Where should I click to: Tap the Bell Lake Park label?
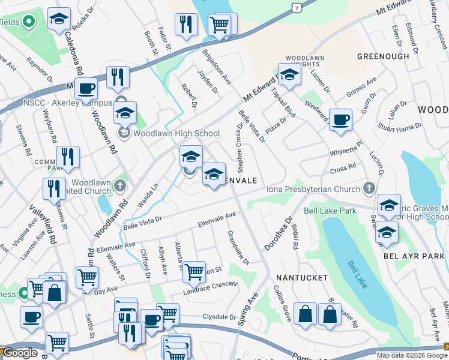[x=330, y=211]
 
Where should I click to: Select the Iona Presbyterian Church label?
[x=315, y=189]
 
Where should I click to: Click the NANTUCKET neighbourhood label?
[x=301, y=278]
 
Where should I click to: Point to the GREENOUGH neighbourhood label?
[x=382, y=56]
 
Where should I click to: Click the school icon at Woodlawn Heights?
[x=289, y=76]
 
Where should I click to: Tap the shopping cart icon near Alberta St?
[x=194, y=272]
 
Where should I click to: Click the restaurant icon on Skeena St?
[x=54, y=188]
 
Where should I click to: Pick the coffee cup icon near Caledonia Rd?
[x=86, y=89]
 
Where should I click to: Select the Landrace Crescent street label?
[x=208, y=287]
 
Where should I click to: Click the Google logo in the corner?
[x=20, y=353]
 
